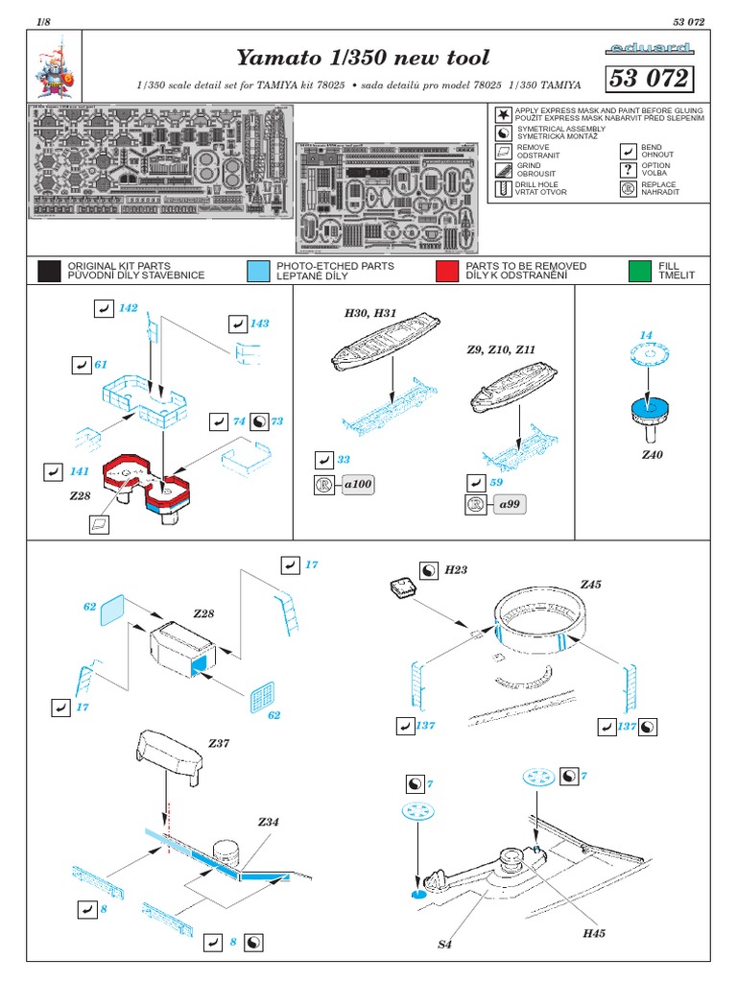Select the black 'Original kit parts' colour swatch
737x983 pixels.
click(49, 271)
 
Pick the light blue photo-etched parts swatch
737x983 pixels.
click(257, 271)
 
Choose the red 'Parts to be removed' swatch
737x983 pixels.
click(447, 271)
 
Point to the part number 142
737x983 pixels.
click(129, 308)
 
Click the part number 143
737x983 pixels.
click(259, 324)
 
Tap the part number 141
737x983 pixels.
click(79, 471)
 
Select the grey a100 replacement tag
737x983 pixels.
click(357, 485)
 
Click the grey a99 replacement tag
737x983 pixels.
click(510, 504)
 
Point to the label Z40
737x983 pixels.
click(653, 453)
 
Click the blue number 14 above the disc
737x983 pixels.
click(646, 334)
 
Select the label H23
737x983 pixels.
click(456, 570)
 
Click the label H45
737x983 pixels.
click(594, 932)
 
